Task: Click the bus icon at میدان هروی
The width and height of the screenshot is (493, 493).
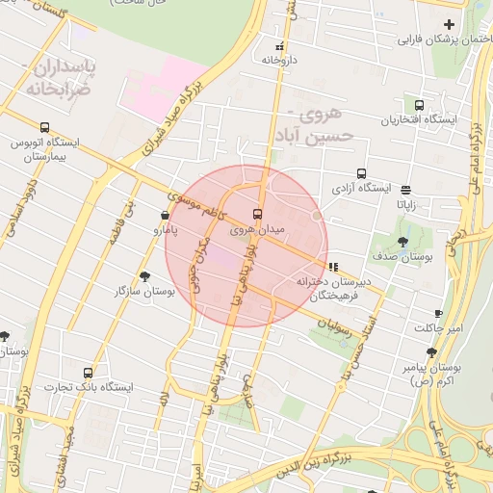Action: tap(256, 214)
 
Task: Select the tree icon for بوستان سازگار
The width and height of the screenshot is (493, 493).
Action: tap(144, 276)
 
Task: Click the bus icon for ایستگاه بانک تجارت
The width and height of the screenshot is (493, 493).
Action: tap(89, 373)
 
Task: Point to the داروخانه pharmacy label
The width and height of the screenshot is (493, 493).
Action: tap(276, 60)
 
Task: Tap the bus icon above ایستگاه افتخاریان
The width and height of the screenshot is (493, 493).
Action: tap(419, 105)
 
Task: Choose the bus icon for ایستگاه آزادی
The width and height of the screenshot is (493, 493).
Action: tap(361, 174)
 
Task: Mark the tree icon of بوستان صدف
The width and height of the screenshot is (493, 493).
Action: tap(402, 242)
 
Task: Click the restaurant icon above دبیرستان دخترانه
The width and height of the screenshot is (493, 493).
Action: tap(333, 267)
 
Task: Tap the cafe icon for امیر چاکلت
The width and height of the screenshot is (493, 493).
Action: tap(439, 314)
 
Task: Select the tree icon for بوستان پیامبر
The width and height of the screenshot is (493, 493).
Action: tap(431, 353)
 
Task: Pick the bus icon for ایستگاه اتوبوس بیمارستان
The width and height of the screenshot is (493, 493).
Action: tap(44, 127)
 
